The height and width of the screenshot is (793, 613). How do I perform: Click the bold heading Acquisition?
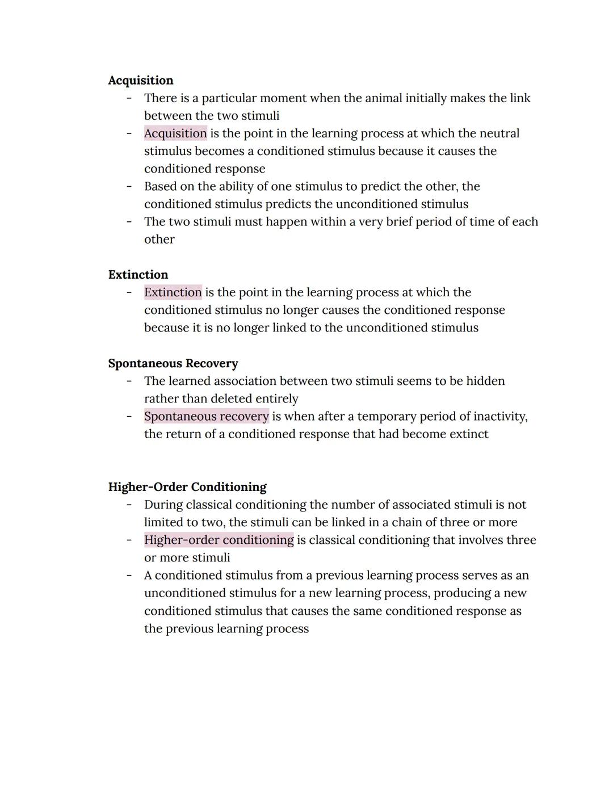coord(140,81)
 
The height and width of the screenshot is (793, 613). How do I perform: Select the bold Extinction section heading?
coord(138,275)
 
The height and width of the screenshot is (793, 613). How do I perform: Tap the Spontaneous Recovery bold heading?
coord(173,363)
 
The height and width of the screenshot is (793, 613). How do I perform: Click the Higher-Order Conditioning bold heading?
coord(187,487)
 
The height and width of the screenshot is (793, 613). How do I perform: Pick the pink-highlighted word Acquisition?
coord(175,133)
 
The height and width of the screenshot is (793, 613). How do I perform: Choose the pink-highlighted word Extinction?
coord(173,292)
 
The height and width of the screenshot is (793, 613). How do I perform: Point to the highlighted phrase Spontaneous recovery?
coord(206,416)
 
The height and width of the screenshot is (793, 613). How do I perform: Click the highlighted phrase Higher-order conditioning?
coord(219,540)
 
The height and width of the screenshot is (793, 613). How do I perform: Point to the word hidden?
coord(485,381)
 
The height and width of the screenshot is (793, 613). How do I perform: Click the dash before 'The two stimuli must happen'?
coord(129,221)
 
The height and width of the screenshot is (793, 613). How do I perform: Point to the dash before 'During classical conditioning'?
coord(129,505)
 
